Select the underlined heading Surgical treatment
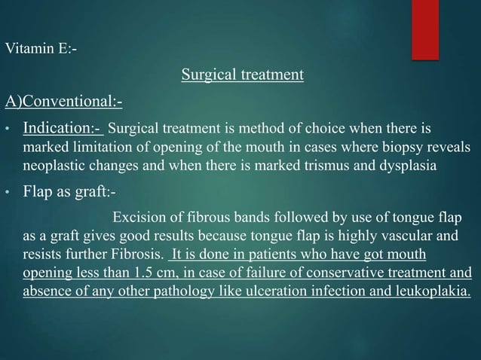click(242, 75)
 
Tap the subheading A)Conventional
click(64, 101)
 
